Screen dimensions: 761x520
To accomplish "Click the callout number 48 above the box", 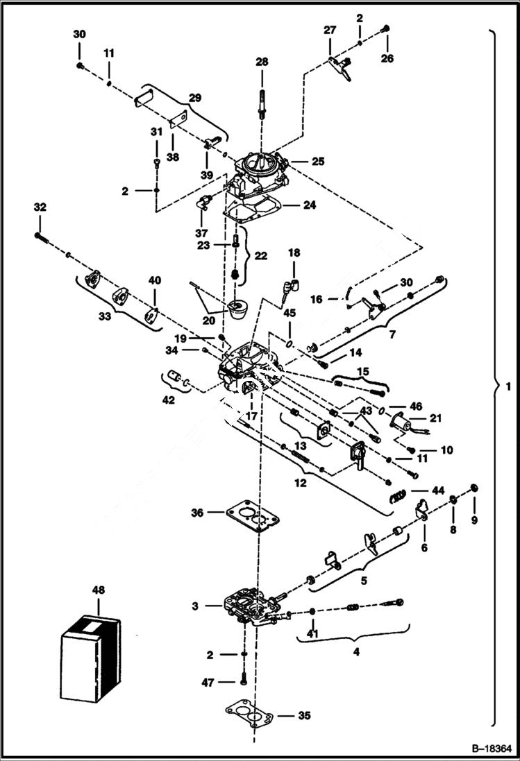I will pyautogui.click(x=98, y=590).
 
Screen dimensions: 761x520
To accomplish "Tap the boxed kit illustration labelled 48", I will pyautogui.click(x=90, y=656).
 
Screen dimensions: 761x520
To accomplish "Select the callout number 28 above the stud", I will pyautogui.click(x=261, y=62).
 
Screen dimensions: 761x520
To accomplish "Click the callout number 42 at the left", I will pyautogui.click(x=168, y=400).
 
